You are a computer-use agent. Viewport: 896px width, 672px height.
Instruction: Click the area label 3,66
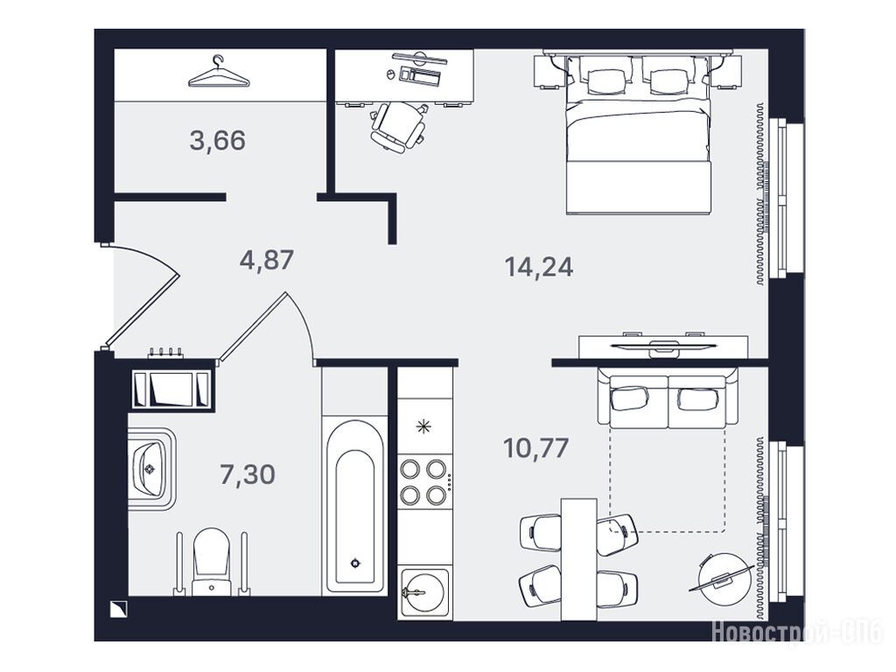[x=218, y=141]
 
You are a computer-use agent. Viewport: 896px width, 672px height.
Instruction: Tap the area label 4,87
[x=267, y=261]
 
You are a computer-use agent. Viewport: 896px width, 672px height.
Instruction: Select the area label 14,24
[x=539, y=267]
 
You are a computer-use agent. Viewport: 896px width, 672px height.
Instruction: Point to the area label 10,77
[x=536, y=448]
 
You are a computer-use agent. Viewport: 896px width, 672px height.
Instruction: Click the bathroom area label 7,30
[x=248, y=474]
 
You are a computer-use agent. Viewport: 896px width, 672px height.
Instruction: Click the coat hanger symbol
[x=220, y=73]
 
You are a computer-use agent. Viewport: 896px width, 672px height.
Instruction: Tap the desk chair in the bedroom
[x=398, y=126]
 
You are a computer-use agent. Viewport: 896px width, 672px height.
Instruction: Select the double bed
[x=638, y=134]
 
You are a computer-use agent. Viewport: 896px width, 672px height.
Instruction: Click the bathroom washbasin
[x=150, y=469]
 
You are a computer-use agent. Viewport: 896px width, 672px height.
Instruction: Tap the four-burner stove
[x=423, y=481]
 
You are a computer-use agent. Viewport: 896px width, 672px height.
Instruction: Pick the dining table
[x=578, y=559]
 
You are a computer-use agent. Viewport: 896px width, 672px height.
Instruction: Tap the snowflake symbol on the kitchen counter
[x=423, y=426]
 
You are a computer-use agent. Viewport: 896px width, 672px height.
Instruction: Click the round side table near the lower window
[x=722, y=577]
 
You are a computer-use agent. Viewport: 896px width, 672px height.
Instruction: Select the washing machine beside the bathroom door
[x=171, y=390]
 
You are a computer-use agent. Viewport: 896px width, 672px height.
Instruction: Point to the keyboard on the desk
[x=422, y=75]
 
